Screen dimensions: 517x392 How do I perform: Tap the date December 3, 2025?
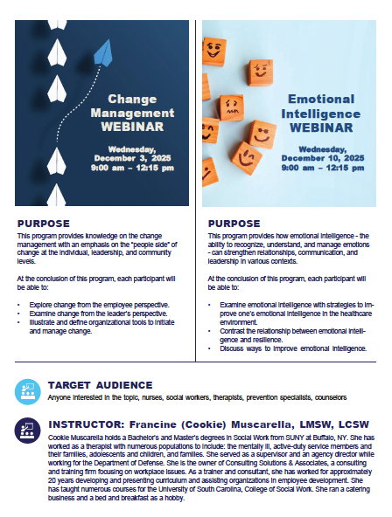point(133,158)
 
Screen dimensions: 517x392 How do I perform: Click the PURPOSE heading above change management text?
point(44,224)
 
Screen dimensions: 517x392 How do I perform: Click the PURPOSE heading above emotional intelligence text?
point(234,224)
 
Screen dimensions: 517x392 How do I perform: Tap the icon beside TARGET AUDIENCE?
point(27,389)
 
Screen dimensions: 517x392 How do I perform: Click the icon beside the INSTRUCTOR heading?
point(27,430)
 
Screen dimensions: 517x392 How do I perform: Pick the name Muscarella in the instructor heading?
point(224,424)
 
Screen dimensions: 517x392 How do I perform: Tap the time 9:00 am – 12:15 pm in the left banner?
point(133,167)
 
